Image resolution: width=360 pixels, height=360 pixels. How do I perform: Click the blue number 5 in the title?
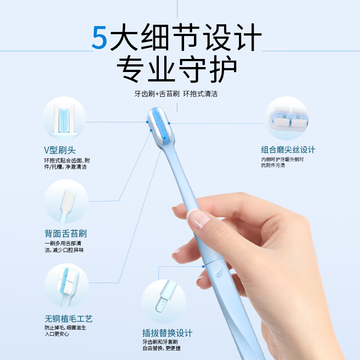[100, 38]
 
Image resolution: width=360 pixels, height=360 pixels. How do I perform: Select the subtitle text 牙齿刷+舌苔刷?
[157, 94]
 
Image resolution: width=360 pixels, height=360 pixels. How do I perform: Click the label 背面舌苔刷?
[66, 234]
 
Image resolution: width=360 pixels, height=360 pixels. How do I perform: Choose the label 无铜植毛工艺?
[69, 319]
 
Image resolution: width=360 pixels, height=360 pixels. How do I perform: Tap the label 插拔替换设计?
[167, 333]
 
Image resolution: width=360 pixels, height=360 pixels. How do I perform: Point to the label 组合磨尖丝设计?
[288, 149]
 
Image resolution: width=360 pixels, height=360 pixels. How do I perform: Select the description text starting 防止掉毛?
[66, 331]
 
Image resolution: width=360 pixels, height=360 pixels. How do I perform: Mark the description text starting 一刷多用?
[64, 247]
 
